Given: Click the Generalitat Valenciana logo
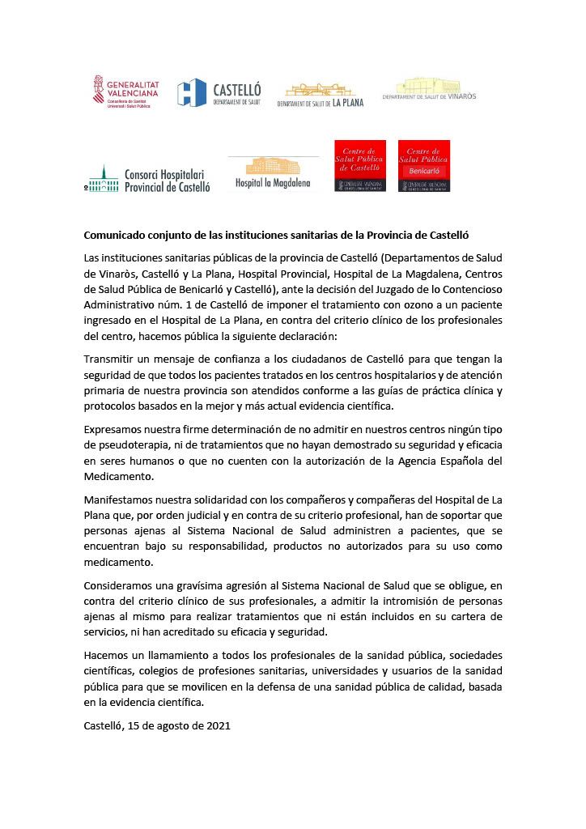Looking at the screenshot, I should coord(125,91).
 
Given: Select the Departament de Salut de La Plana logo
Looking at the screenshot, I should coord(320,94).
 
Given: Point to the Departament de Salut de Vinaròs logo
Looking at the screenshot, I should coord(440,90).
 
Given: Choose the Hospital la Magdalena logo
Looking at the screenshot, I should coord(273,172).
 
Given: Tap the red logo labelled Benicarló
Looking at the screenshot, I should coord(424,166).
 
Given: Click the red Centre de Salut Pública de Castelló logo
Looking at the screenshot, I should coord(360,166).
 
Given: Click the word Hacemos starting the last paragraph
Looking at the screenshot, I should coord(108,653).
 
